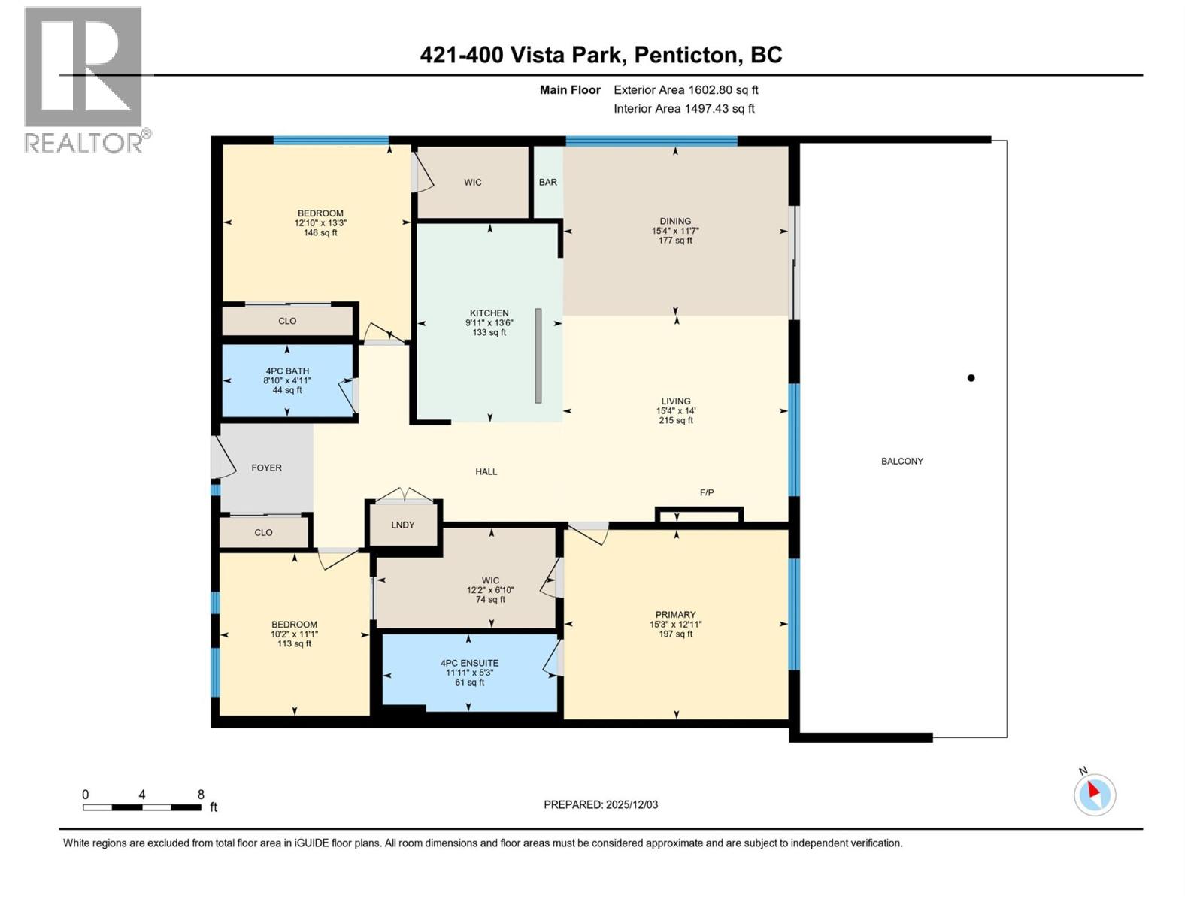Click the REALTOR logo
83,79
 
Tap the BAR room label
547,182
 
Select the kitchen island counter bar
538,356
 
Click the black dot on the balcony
971,378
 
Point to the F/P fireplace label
707,492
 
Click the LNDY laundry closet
403,525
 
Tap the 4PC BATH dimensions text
286,380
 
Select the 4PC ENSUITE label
469,663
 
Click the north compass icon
1095,795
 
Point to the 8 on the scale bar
201,795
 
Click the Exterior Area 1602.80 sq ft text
686,89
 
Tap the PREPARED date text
601,804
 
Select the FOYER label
266,468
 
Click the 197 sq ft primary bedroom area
675,634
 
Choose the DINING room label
675,221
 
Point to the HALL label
486,471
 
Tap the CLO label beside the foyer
263,532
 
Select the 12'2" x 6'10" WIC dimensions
490,590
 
